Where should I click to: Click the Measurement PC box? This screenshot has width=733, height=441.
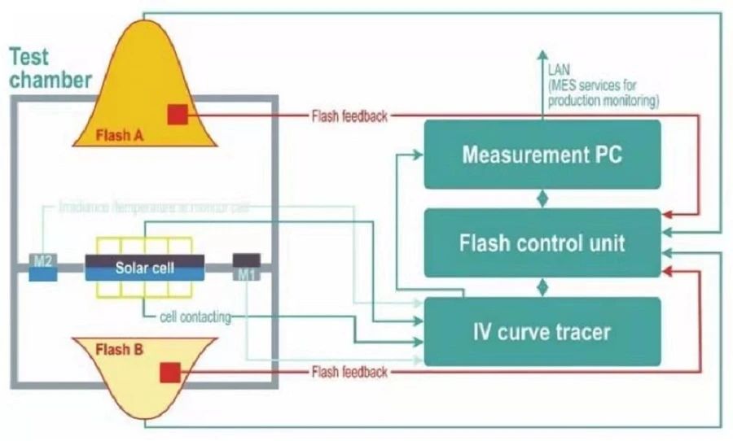coord(542,155)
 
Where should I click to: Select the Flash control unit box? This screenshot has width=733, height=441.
coord(542,242)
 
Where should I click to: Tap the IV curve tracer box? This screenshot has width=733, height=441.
coord(542,331)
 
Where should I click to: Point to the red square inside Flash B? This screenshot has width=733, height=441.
coord(169,373)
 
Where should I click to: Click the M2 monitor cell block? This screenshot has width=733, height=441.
coord(43,267)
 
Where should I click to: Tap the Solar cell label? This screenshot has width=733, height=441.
coord(145,268)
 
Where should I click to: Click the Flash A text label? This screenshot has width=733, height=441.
coord(119,134)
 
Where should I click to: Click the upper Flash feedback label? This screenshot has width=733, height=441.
coord(349,116)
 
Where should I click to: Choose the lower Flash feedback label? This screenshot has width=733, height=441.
coord(349,373)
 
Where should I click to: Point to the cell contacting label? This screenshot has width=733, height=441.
coord(195,317)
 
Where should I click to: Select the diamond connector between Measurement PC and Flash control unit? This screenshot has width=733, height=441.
coord(542,199)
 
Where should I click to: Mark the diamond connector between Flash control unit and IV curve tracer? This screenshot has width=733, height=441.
coord(542,286)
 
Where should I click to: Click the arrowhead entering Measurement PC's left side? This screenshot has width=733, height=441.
coord(419,155)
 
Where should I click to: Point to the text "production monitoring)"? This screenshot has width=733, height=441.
coord(603,101)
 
